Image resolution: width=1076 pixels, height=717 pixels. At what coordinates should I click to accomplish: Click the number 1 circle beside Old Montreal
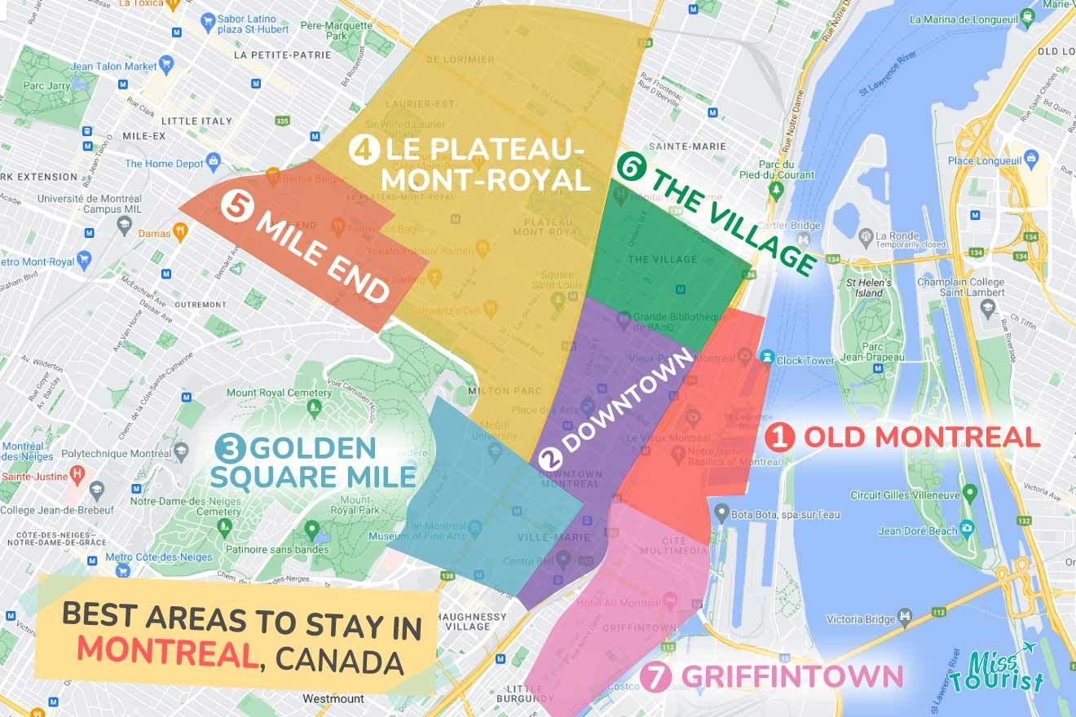coord(779,438)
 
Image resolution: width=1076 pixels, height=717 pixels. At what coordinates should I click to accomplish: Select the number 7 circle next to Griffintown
coord(654,677)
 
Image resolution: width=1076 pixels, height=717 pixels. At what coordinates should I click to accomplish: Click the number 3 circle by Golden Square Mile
coord(230,448)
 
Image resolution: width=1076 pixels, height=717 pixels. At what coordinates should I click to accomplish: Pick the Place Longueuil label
coord(982,161)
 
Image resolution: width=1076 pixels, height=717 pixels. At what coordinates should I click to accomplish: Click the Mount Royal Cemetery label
coord(267,393)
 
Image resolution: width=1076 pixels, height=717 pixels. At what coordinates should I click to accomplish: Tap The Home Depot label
coord(164,163)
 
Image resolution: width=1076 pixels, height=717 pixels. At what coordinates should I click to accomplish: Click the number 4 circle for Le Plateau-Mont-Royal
coord(361,150)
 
